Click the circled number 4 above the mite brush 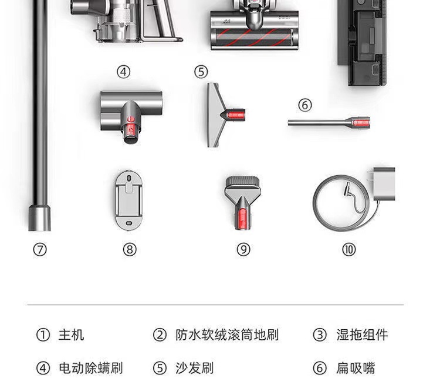124,72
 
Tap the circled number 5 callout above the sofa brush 201,72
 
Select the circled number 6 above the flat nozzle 305,105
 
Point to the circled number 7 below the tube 40,249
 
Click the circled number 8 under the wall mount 130,249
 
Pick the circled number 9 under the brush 243,249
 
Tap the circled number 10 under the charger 349,249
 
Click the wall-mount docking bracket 129,200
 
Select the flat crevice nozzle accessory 329,122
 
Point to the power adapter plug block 384,184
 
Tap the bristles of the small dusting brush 242,181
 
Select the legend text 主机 71,335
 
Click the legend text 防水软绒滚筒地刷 227,335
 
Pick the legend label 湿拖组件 363,335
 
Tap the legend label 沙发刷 195,368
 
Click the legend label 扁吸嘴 356,368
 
